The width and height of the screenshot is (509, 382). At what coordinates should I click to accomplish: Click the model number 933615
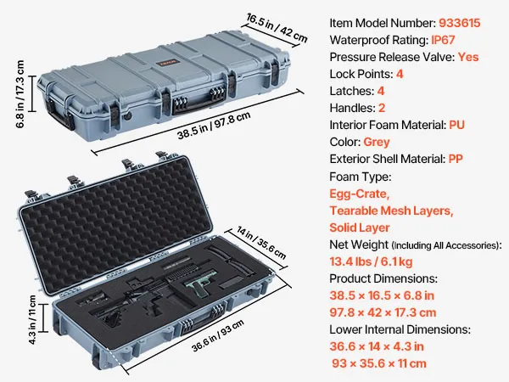[459, 23]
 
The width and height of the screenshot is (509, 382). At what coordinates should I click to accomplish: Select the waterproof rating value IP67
[443, 40]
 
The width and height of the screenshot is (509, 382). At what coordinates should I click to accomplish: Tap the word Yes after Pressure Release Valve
[468, 57]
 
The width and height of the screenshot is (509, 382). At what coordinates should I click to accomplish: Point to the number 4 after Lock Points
[400, 74]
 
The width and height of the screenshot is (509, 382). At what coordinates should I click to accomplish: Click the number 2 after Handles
[382, 108]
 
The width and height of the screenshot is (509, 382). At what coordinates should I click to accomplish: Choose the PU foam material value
[456, 125]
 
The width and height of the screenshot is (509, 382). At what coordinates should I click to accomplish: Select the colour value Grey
[377, 142]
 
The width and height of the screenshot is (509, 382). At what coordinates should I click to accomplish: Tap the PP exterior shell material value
[456, 159]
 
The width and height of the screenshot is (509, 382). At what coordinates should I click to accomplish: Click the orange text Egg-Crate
[360, 194]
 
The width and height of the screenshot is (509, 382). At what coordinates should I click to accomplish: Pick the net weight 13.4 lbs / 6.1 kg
[371, 261]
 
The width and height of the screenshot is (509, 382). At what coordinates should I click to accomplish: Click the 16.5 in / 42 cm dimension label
[277, 28]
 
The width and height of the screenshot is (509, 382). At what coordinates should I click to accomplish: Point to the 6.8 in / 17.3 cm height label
[20, 94]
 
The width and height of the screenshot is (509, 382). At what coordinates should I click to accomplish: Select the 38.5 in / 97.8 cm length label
[214, 126]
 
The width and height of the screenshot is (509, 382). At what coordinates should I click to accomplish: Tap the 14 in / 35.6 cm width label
[261, 243]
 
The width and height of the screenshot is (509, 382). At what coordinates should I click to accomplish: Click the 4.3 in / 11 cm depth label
[32, 320]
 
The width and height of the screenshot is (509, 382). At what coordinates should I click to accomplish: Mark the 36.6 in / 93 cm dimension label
[217, 335]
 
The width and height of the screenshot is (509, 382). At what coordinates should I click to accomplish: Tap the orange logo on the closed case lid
[169, 62]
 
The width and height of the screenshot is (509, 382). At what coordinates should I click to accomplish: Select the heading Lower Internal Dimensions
[400, 329]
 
